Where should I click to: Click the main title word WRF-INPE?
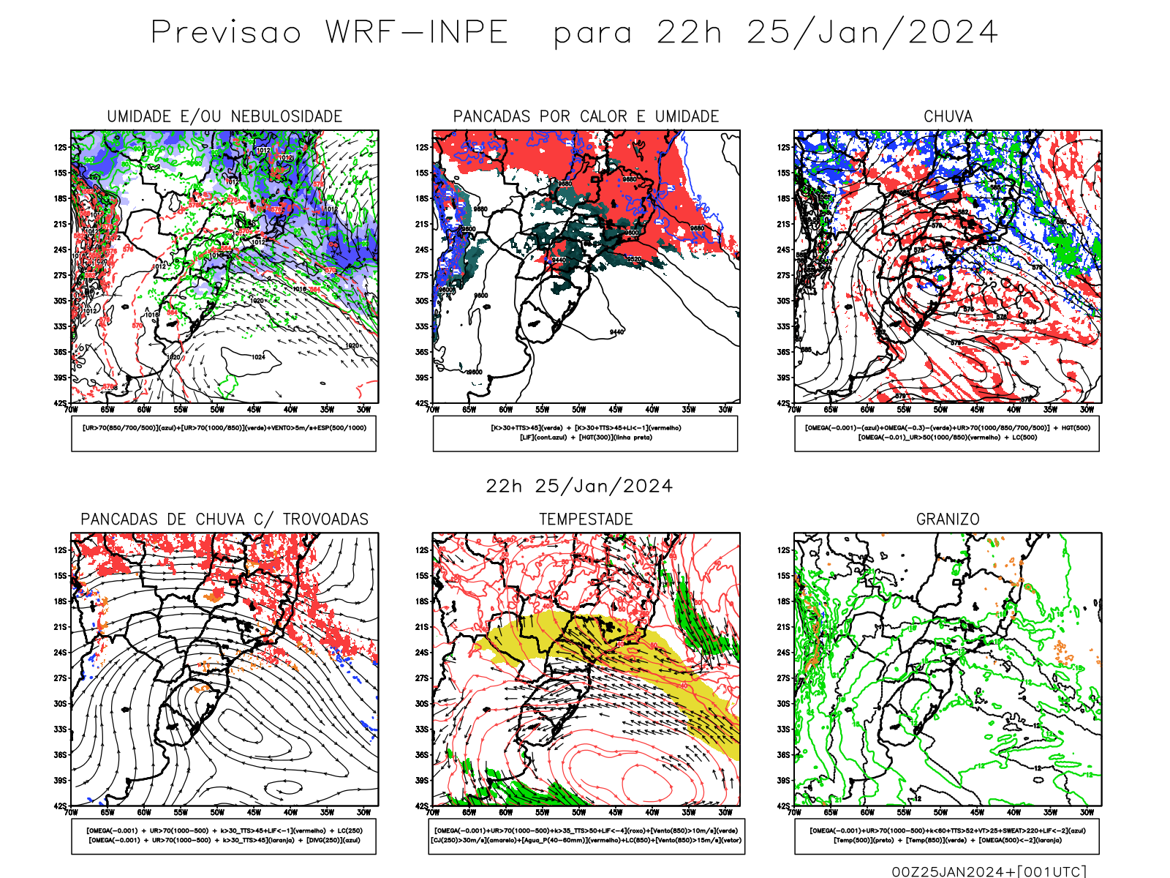coord(417,33)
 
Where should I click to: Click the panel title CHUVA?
coord(948,116)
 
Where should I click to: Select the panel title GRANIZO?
coord(948,519)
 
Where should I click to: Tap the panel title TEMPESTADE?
coord(586,519)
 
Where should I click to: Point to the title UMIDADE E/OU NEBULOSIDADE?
coord(224,116)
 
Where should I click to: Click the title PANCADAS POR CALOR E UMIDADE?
coord(586,116)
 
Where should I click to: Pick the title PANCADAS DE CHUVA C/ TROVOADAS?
coord(224,519)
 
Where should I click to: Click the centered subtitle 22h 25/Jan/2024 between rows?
coord(579,487)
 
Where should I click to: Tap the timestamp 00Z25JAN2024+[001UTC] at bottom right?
coord(989,871)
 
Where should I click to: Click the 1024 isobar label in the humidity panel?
coord(258,357)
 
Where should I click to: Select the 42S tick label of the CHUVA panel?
coord(784,403)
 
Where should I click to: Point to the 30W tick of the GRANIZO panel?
coord(1087,812)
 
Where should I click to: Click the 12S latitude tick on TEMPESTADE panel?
coord(422,550)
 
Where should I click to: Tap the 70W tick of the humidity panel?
coord(71,410)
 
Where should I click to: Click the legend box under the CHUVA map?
coord(947,433)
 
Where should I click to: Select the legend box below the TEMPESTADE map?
coord(586,836)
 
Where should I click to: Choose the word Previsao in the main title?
coord(226,33)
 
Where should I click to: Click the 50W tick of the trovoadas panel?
coord(217,812)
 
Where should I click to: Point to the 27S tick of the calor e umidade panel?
coord(422,275)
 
